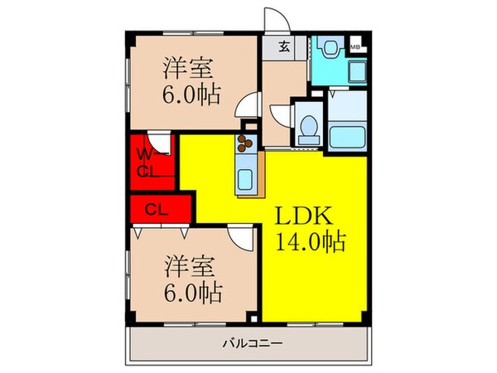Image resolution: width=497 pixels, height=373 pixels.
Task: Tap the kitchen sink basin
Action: click(246, 177)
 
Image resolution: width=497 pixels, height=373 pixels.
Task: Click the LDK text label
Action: click(304, 217)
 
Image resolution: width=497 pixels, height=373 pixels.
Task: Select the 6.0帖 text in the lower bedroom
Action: click(191, 292)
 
